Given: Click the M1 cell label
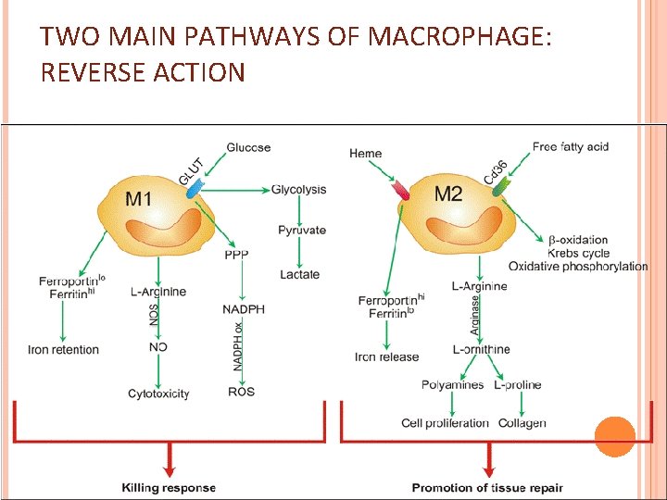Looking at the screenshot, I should tap(139, 198).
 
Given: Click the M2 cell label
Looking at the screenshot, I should tap(448, 194).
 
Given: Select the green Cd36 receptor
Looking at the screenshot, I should tap(501, 187).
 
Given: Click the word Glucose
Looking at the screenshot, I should tap(248, 147).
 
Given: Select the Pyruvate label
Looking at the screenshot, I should tap(302, 230).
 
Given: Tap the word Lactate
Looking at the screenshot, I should tap(299, 274).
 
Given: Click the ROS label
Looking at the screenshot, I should tap(241, 392).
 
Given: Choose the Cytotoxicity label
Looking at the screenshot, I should tap(158, 394).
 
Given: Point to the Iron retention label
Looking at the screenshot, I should tap(63, 350).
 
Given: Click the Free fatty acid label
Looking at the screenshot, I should tap(570, 146).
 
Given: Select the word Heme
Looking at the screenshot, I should tap(365, 153).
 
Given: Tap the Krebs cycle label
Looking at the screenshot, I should tap(578, 253).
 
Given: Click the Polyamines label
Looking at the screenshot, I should tap(452, 385).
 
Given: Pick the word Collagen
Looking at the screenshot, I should tap(522, 423).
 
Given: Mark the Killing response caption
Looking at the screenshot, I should tap(169, 487).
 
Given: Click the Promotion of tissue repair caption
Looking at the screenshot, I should tap(486, 487).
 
